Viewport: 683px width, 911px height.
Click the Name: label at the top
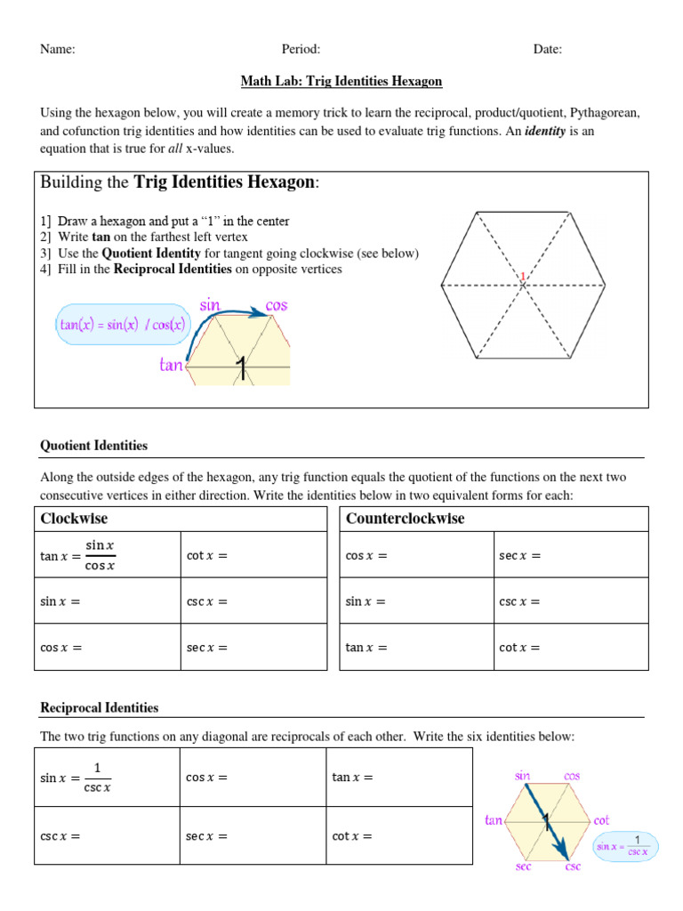tap(58, 49)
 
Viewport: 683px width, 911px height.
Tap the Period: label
tap(301, 49)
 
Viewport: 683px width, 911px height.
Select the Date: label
tap(548, 49)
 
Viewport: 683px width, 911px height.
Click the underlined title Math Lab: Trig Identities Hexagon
tap(341, 81)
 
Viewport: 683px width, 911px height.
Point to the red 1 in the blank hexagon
tap(524, 278)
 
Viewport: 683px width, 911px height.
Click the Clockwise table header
tap(75, 519)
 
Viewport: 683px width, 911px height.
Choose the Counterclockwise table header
tap(405, 519)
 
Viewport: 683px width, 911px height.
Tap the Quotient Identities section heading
tap(94, 446)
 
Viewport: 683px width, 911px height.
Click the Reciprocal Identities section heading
tap(100, 708)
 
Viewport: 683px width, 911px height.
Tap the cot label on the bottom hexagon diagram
tap(602, 819)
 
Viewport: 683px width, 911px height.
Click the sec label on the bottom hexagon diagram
tap(524, 866)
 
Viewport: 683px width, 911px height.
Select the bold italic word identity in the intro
tap(543, 131)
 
